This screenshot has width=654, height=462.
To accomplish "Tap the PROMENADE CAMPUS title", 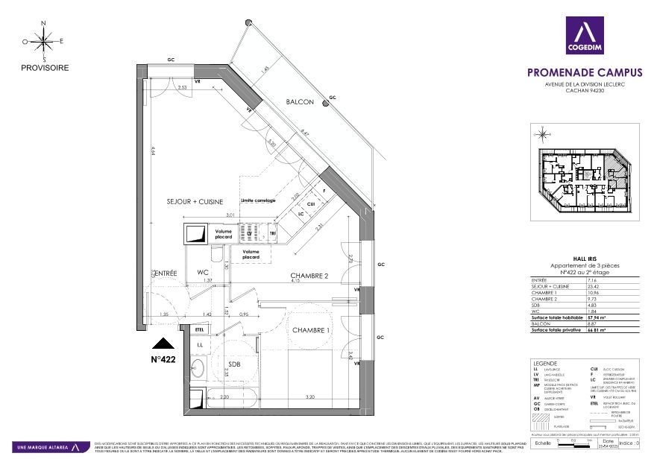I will tap(584, 73).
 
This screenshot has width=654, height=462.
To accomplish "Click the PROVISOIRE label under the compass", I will tap(45, 68).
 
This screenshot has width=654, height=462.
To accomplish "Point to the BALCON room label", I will tap(300, 102).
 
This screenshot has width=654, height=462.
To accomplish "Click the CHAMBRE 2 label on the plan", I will tap(310, 276).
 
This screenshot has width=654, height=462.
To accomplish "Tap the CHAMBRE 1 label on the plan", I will tap(312, 330).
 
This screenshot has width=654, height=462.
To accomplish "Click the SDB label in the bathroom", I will tap(234, 365).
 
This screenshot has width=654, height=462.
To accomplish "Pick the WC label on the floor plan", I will tap(202, 273).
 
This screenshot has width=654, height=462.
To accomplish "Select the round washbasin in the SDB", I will tap(198, 367).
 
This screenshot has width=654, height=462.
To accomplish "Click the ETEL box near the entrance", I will tap(199, 329).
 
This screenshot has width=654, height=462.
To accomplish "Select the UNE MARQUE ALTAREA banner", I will tap(45, 447).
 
